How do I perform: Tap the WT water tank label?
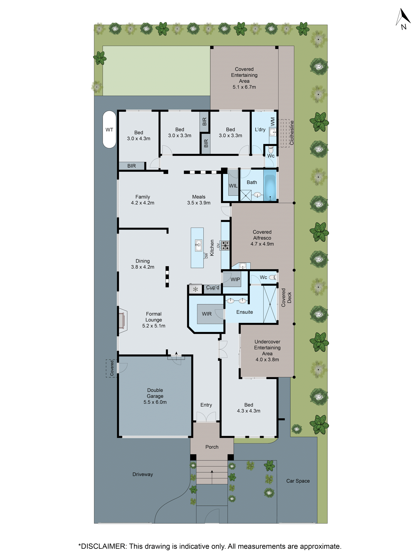(x=109, y=130)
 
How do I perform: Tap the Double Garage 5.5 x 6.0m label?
(x=155, y=396)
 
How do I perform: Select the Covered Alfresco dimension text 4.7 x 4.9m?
(x=262, y=244)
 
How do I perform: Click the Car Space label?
(x=298, y=481)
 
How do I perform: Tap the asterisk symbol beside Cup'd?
(x=195, y=289)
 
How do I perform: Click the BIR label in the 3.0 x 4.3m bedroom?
(x=131, y=166)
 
